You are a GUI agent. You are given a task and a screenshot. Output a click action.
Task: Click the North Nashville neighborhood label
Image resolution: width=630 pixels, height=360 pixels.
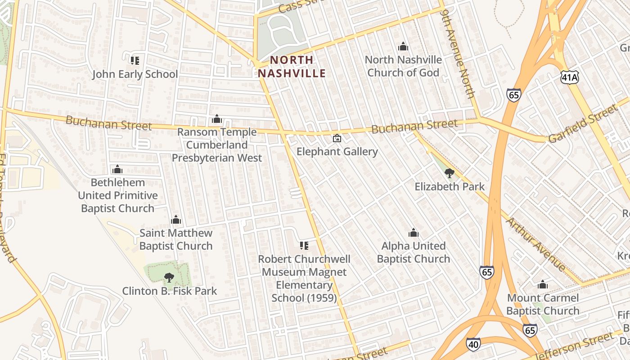tap(292, 67)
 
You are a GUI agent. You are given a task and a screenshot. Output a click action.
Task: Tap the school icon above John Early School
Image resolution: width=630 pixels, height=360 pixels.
tap(134, 60)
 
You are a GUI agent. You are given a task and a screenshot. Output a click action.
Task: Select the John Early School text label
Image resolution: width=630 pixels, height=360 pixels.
tap(135, 74)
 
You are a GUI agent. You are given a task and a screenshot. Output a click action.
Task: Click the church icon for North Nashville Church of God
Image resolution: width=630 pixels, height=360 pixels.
tap(403, 46)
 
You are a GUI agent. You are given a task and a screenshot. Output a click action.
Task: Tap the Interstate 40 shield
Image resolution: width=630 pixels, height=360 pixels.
tap(473, 343)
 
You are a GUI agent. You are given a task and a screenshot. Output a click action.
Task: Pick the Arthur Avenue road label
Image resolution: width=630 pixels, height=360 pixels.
tap(535, 244)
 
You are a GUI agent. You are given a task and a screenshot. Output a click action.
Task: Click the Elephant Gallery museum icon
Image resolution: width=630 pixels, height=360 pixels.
tap(337, 138)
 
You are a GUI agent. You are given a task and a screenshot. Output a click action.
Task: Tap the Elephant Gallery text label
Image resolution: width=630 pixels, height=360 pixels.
tap(337, 152)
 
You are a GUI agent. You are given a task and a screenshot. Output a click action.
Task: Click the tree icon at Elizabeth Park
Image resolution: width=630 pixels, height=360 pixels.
tap(449, 173)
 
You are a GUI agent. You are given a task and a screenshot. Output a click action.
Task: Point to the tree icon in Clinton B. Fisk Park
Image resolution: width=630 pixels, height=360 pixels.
tap(169, 277)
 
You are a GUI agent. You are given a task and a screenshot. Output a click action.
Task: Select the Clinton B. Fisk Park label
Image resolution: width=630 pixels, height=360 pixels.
tap(170, 291)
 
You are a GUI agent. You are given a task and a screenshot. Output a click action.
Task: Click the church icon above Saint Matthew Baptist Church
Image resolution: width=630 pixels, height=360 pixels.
tap(176, 220)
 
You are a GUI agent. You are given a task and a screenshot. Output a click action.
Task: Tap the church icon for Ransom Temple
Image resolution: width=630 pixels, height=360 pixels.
tap(217, 119)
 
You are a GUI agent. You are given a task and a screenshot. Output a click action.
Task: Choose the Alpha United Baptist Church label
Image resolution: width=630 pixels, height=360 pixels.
tap(413, 252)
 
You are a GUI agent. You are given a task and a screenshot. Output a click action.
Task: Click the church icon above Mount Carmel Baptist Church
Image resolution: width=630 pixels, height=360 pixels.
tap(543, 284)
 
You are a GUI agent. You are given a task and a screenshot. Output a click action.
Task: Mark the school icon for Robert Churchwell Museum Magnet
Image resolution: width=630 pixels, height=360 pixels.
tap(304, 246)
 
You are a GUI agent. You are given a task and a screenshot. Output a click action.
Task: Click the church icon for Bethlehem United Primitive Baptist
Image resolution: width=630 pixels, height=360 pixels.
tap(117, 169)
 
